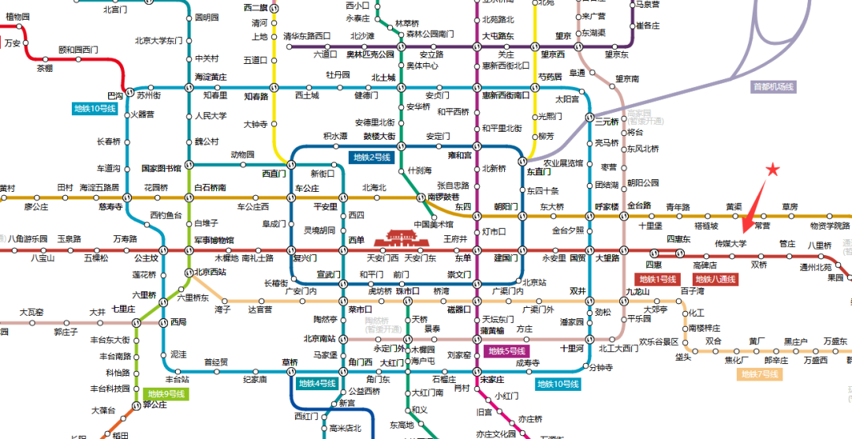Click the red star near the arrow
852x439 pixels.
[x=772, y=169]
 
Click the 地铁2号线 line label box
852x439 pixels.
[x=372, y=158]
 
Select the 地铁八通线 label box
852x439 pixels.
[x=716, y=279]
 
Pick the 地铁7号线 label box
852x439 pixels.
[x=759, y=374]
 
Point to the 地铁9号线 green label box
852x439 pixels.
[x=166, y=393]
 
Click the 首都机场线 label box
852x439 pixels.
[x=774, y=87]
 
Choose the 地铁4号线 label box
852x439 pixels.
[x=317, y=384]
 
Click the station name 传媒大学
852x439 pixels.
[x=730, y=244]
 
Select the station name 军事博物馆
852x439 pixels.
[x=211, y=240]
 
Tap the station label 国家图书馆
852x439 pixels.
[x=161, y=168]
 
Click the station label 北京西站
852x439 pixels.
[x=211, y=272]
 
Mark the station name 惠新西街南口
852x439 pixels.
[x=506, y=96]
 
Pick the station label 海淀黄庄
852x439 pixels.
[x=211, y=77]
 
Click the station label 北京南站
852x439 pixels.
[x=320, y=339]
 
